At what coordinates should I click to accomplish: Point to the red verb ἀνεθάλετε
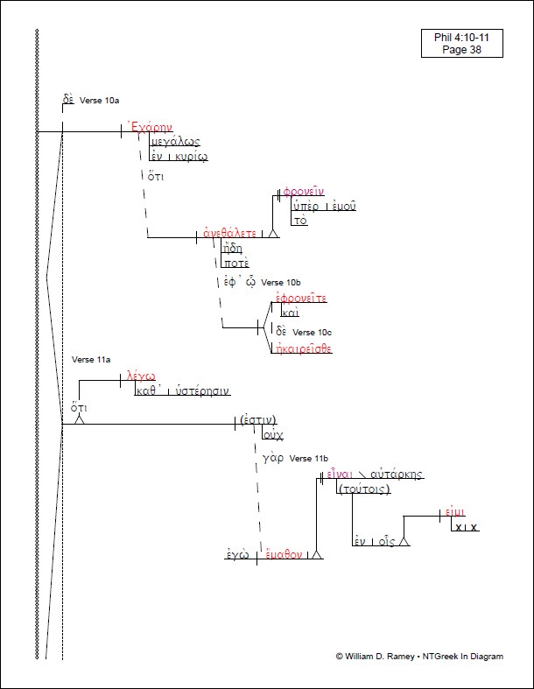(x=229, y=234)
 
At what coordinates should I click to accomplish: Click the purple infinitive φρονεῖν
(x=303, y=193)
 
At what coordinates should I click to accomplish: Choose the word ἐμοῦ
(x=342, y=207)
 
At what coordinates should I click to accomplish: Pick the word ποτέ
(x=235, y=262)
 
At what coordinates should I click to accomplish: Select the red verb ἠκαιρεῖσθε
(x=303, y=348)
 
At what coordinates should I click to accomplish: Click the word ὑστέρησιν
(x=201, y=391)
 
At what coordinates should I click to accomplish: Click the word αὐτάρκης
(x=394, y=475)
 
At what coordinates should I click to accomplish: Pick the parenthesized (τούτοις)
(x=363, y=489)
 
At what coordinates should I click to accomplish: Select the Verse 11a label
(x=91, y=360)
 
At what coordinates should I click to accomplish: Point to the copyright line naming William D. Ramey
(x=419, y=657)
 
